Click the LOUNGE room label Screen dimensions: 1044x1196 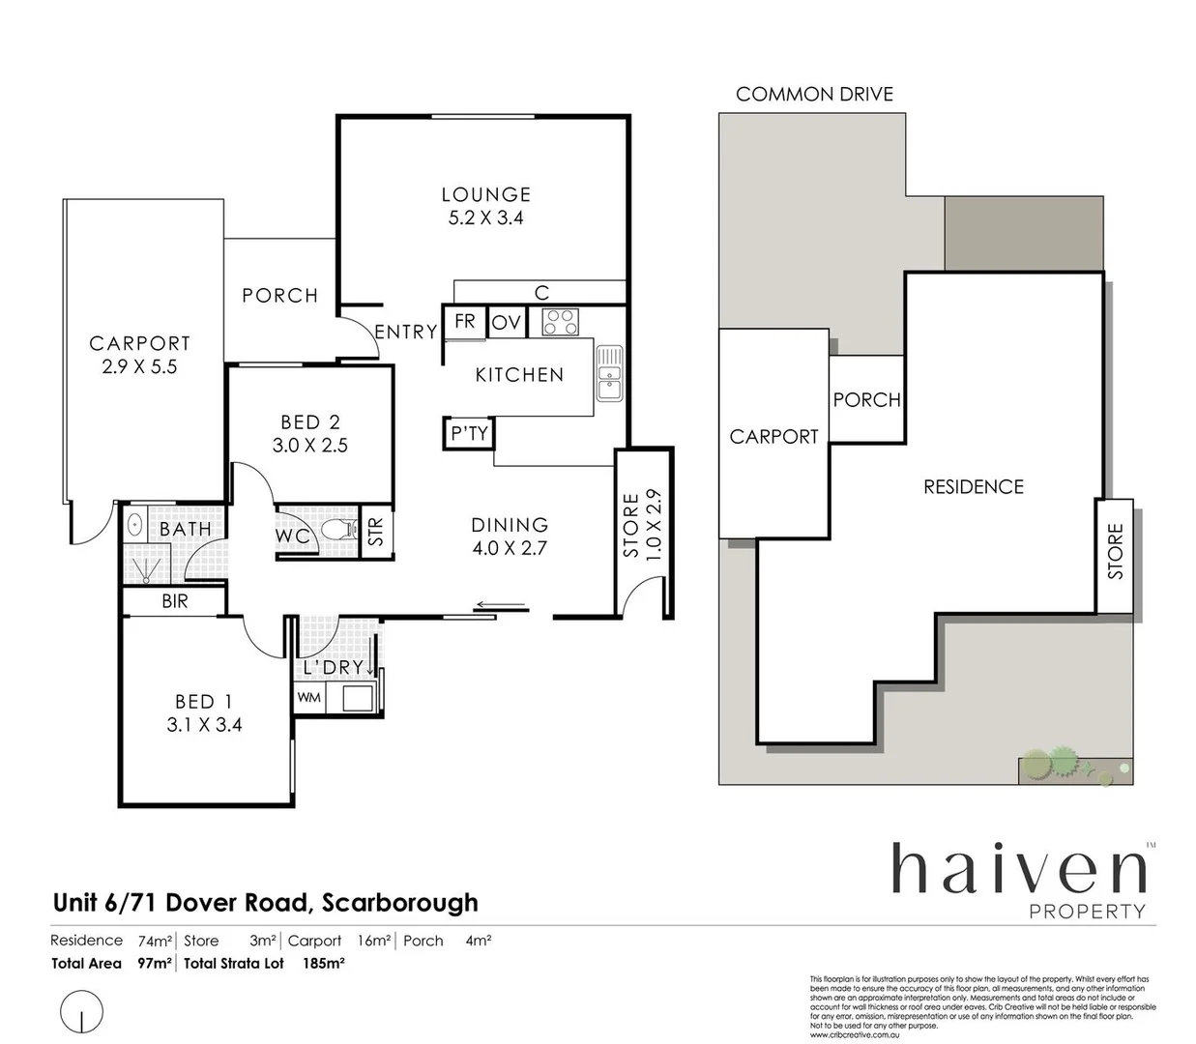tap(486, 194)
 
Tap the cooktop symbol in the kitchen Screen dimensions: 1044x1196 tap(560, 321)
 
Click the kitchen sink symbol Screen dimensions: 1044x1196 tap(609, 373)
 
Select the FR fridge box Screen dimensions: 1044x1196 tap(465, 321)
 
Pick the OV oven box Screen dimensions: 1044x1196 tap(507, 323)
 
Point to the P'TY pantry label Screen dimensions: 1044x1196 tap(470, 433)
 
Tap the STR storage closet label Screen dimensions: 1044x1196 tap(376, 531)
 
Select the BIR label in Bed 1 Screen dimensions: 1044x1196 tap(175, 601)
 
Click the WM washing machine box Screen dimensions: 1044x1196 tap(309, 697)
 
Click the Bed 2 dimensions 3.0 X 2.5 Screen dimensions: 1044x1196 tap(310, 446)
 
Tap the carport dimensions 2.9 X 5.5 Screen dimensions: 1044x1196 tap(139, 367)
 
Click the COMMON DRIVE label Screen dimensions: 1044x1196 tap(814, 94)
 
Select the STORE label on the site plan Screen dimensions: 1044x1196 tap(1116, 552)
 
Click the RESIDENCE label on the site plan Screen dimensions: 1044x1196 tap(973, 487)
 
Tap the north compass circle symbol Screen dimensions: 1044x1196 tap(81, 1012)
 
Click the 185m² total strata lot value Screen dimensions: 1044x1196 tap(324, 963)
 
